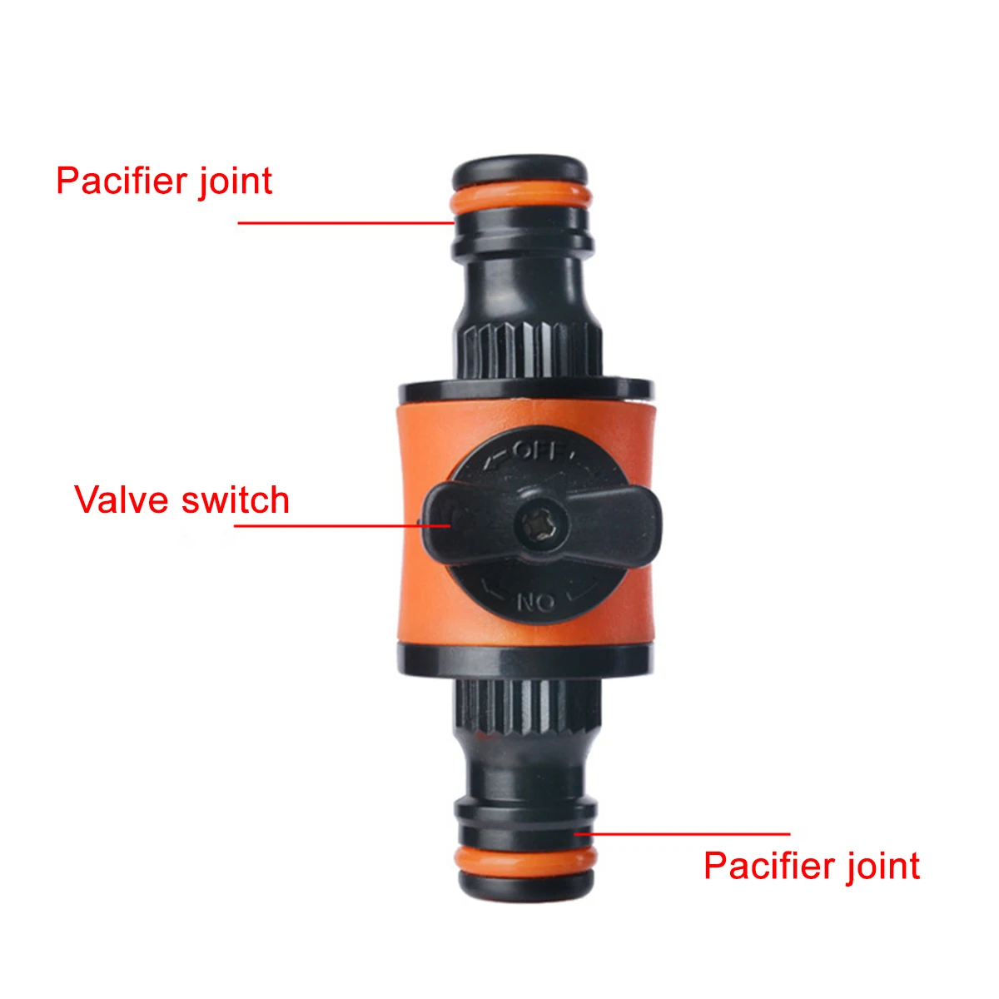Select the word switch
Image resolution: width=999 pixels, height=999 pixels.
(236, 499)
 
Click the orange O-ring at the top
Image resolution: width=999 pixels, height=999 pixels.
(520, 196)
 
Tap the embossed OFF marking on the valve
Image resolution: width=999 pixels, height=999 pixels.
(538, 451)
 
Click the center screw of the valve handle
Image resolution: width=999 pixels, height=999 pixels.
(540, 525)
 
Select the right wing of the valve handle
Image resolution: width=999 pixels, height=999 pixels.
(612, 523)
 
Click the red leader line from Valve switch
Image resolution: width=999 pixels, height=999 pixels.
(342, 525)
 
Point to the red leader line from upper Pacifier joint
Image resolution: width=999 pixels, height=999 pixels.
(346, 223)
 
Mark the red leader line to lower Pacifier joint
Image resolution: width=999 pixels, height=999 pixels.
(683, 834)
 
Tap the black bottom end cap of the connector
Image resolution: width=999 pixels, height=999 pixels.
(526, 890)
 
